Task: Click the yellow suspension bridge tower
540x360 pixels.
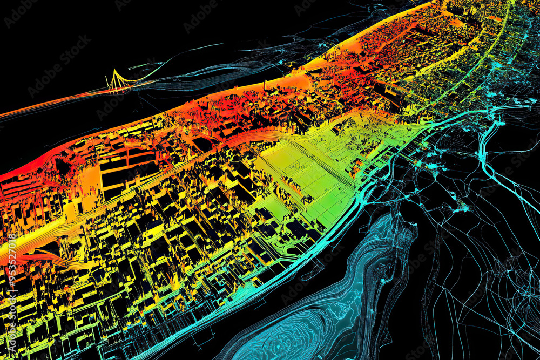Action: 114,79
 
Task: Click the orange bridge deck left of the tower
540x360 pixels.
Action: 65,100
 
